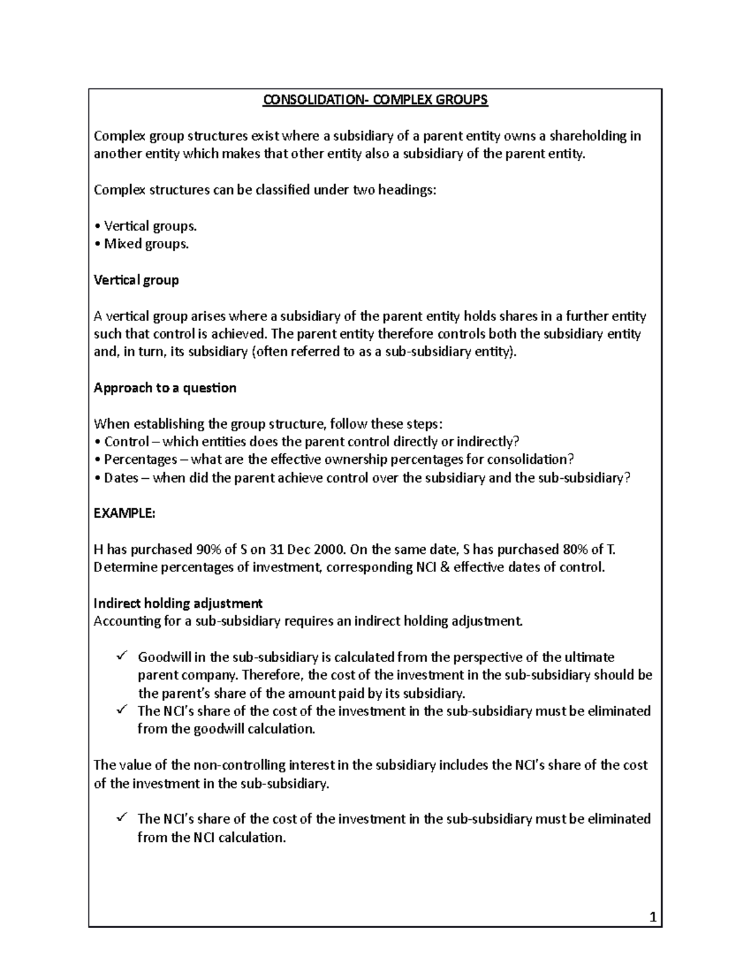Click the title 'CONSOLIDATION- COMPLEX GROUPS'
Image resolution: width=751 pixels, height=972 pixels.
375,100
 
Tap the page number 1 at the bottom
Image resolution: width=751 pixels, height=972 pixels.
653,918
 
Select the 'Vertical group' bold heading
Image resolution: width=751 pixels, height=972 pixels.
136,280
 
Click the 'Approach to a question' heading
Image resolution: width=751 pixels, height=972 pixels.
165,388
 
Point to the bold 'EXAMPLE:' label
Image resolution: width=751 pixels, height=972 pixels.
124,513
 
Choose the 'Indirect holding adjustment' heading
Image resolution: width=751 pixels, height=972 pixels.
178,603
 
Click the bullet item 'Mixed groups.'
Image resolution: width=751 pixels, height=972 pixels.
146,244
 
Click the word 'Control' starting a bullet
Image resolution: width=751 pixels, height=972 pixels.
126,442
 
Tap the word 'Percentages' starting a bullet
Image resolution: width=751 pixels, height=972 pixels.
140,459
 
